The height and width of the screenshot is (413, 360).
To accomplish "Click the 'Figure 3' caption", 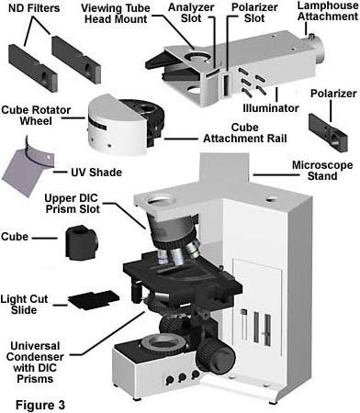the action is point(40,405).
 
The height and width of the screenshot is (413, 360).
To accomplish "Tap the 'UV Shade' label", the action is point(96,173).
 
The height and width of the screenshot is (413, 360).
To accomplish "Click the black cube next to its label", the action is point(82,242).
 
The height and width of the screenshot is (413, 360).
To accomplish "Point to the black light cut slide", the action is point(94,300).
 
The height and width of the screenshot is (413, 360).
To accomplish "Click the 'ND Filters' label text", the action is point(34,8).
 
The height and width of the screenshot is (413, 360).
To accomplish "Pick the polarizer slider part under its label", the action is point(328,133).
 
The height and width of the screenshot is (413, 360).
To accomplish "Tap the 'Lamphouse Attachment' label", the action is point(328,11).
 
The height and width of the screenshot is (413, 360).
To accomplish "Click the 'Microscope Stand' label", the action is point(322,171).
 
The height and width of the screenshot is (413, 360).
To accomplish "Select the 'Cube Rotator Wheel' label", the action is point(36,116).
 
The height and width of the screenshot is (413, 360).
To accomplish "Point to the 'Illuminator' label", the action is point(271,108).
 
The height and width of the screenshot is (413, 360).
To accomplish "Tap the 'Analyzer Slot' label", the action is point(191,13).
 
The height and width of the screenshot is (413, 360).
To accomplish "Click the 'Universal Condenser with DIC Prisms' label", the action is point(35,363).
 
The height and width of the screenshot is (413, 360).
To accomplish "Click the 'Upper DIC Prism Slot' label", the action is point(73,204).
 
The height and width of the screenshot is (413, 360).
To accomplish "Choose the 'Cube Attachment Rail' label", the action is point(245,133).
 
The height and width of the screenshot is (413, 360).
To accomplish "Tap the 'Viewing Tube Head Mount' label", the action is point(116,14).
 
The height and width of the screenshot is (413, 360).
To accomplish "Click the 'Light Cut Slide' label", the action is point(24,305).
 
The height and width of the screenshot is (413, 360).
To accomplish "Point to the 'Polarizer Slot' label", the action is point(254,13).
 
